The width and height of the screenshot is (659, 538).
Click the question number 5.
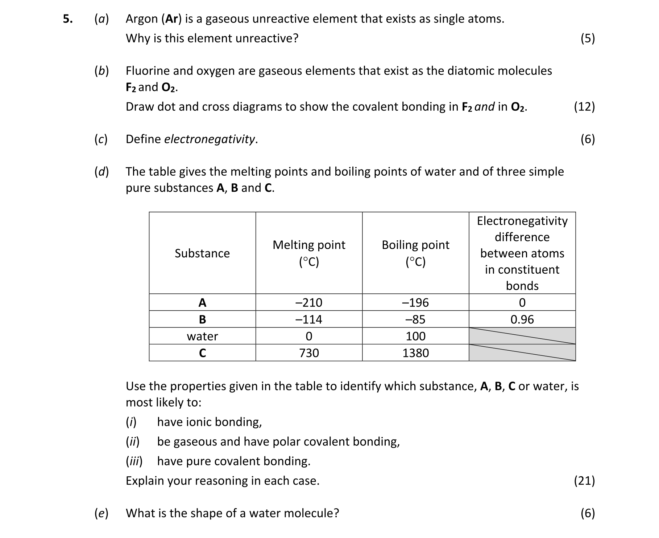click(67, 19)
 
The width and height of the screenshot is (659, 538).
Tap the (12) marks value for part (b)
click(584, 107)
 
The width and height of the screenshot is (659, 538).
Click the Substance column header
click(202, 253)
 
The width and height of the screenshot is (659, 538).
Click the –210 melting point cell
click(309, 302)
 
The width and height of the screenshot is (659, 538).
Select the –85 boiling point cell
click(415, 319)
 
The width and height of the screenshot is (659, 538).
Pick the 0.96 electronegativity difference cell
click(522, 319)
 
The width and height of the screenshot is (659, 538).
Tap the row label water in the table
click(202, 336)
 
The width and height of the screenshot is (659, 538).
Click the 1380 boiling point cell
click(415, 353)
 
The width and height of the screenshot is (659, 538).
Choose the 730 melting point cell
click(309, 353)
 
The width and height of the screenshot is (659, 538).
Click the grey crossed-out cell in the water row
click(522, 336)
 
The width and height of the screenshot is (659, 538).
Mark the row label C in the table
click(202, 353)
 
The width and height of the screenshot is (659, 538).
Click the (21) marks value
click(584, 481)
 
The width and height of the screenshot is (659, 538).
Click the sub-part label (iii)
click(134, 461)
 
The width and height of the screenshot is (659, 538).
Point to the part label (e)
click(101, 513)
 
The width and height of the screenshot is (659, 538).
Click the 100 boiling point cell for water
click(415, 336)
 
